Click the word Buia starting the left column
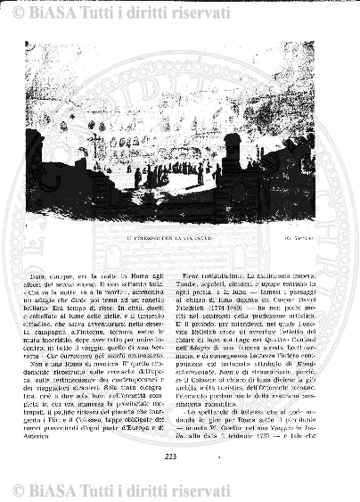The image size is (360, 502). tap(60, 252)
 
